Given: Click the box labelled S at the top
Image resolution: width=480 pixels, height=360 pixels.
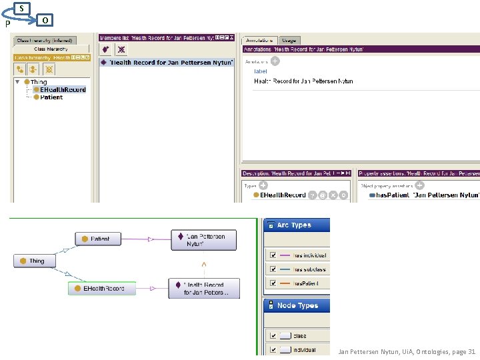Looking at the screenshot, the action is (x=23, y=8).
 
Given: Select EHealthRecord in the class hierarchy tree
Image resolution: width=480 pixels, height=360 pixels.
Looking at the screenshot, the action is (x=63, y=89).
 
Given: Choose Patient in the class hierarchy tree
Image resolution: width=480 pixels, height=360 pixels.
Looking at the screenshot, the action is (x=51, y=97).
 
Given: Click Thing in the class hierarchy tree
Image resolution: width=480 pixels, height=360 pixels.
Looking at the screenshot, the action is (x=39, y=82).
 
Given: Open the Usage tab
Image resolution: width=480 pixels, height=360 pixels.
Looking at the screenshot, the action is (x=288, y=41).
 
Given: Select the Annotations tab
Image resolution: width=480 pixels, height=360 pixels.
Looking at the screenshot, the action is (x=260, y=41).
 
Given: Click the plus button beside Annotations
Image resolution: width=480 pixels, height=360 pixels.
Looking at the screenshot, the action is (x=275, y=61).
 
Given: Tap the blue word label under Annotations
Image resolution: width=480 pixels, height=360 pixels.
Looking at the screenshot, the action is (x=260, y=71).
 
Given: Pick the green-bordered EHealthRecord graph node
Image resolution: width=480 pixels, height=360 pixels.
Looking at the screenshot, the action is (x=101, y=288).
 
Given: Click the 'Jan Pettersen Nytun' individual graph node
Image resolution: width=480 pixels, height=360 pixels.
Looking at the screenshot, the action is (x=203, y=240).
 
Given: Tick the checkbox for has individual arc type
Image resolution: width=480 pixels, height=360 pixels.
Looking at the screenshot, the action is (x=272, y=255).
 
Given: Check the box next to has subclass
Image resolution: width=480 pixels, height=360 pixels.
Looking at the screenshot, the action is (x=272, y=269).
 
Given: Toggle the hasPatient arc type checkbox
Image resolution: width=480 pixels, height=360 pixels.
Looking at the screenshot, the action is (x=272, y=283).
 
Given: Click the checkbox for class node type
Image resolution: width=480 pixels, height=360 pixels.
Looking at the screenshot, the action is (x=272, y=335).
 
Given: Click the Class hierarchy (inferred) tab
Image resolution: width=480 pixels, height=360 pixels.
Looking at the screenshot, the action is (x=45, y=41).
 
